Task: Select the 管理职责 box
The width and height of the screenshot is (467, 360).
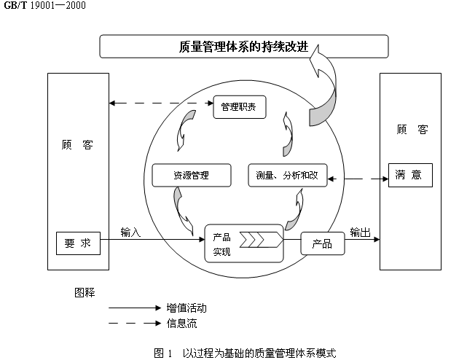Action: pyautogui.click(x=240, y=109)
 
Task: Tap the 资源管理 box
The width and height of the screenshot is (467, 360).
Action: pyautogui.click(x=191, y=176)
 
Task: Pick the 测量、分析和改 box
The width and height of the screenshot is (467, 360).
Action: pyautogui.click(x=288, y=176)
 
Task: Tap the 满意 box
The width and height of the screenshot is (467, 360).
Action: pyautogui.click(x=409, y=175)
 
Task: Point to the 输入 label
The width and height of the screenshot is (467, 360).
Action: pyautogui.click(x=130, y=232)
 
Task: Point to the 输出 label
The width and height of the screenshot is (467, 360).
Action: pyautogui.click(x=360, y=232)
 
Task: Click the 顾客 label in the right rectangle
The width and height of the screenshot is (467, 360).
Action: pyautogui.click(x=412, y=130)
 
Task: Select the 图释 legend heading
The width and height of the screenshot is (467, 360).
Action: pyautogui.click(x=85, y=292)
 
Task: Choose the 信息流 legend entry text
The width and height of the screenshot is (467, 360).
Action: pyautogui.click(x=181, y=324)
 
